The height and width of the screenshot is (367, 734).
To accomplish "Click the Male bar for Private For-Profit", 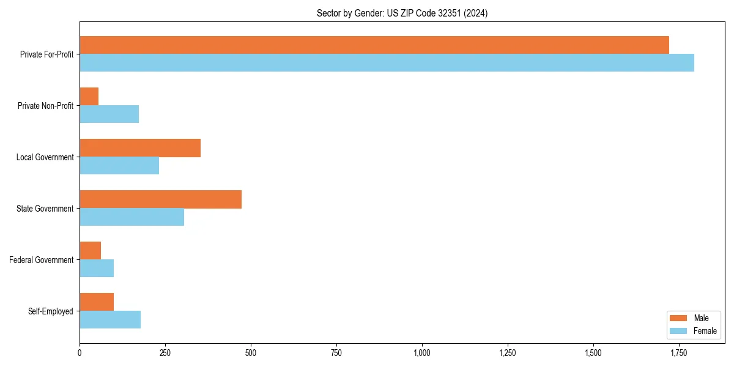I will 374,45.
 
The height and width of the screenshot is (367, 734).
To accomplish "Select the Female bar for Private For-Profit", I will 387,63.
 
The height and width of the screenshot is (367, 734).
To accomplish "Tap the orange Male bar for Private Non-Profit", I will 89,97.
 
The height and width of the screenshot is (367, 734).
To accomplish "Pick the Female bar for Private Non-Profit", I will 109,114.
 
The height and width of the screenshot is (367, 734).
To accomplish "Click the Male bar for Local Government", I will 140,148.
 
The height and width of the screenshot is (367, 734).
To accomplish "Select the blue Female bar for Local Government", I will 119,166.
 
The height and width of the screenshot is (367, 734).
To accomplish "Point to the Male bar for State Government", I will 160,199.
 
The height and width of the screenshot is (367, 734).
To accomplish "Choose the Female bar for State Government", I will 132,217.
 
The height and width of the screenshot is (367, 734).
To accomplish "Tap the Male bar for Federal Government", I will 90,251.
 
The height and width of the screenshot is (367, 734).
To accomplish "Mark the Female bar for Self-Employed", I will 110,320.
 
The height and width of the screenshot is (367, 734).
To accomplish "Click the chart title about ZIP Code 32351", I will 402,13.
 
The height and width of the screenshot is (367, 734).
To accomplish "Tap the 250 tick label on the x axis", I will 165,353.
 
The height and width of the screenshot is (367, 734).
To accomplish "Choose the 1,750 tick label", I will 678,353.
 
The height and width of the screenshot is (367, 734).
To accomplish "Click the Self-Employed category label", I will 50,311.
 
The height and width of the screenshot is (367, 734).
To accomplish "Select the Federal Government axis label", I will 41,260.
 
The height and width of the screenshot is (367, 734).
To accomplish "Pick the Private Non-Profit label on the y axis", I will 45,106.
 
